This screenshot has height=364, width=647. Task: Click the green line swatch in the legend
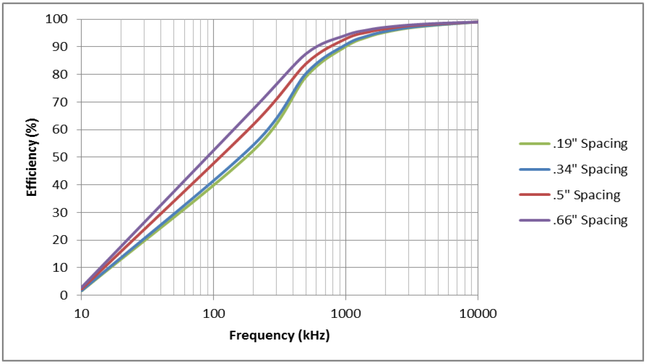(534, 144)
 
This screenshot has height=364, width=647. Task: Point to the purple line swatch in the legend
(534, 220)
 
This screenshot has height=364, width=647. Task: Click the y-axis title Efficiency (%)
(32, 157)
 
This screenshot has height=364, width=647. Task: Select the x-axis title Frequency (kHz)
(279, 335)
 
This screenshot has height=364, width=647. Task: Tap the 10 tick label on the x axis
(81, 314)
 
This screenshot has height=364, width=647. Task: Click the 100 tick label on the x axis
(213, 314)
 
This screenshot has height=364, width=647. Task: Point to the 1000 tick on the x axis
(346, 314)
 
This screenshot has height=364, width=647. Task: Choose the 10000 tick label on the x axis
(478, 314)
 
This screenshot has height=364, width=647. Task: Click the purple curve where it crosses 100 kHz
(213, 151)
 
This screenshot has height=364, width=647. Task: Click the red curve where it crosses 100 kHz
(213, 163)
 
